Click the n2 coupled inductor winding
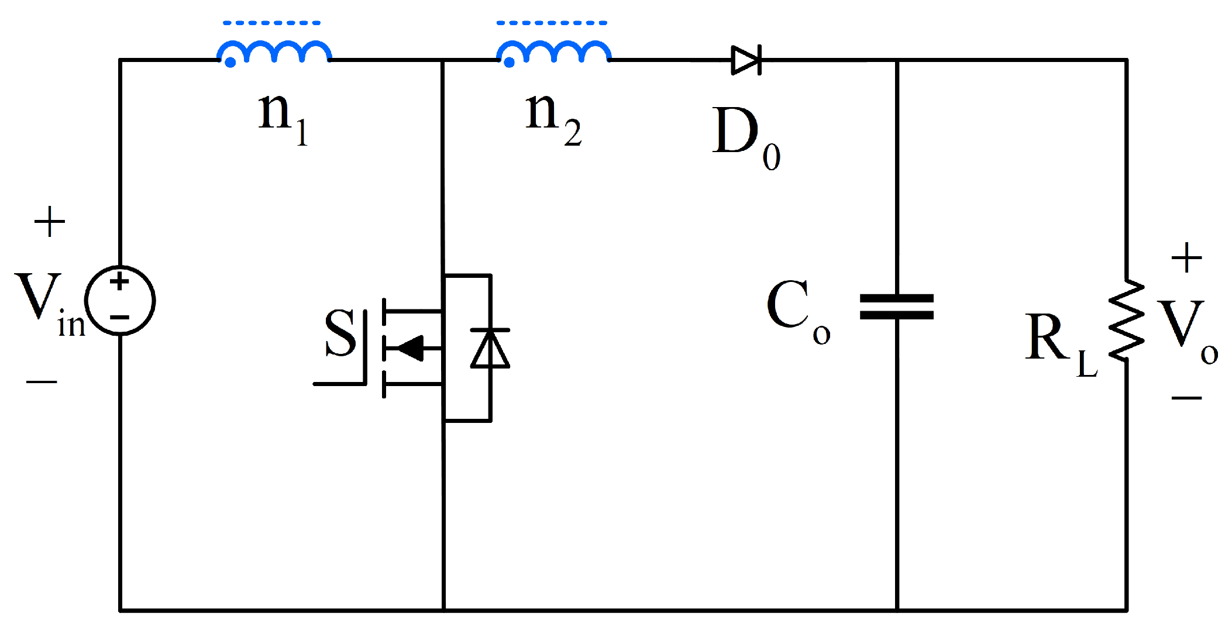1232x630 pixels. click(x=553, y=51)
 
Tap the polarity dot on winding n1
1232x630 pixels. click(x=230, y=62)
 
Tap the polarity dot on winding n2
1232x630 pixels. click(x=510, y=62)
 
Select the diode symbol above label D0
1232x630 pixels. click(x=746, y=60)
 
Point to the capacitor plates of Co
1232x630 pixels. click(x=896, y=307)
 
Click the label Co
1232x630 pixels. click(x=796, y=310)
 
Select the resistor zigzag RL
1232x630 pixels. click(x=1126, y=320)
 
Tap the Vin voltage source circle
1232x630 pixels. click(x=120, y=301)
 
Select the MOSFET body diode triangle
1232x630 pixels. click(x=490, y=349)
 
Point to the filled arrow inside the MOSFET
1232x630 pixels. click(x=411, y=349)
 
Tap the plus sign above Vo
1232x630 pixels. click(x=1186, y=258)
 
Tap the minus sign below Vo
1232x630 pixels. click(x=1186, y=398)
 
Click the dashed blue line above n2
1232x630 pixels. click(x=552, y=23)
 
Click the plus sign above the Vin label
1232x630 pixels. click(x=50, y=222)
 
